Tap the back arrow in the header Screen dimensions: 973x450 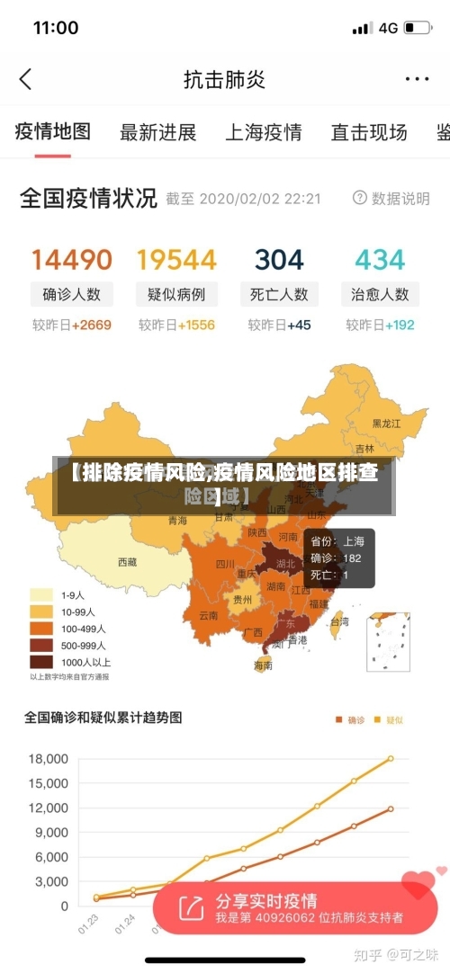[25, 79]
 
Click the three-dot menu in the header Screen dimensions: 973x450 [417, 79]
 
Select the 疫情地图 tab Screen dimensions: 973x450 [53, 131]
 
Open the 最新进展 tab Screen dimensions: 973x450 [157, 132]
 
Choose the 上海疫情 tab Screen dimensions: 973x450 [263, 132]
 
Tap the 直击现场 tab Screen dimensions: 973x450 [368, 132]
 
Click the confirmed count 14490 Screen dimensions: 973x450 [72, 260]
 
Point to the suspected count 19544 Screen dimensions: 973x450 [176, 260]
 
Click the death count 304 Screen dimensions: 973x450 [279, 260]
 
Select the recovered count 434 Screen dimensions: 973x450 [380, 260]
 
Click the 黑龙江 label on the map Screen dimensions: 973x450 [387, 423]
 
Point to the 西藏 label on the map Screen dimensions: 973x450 [127, 562]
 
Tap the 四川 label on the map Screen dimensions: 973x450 [224, 565]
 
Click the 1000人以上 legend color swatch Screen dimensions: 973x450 [42, 661]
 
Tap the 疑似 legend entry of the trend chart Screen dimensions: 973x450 [390, 719]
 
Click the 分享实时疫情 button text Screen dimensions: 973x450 [265, 901]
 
